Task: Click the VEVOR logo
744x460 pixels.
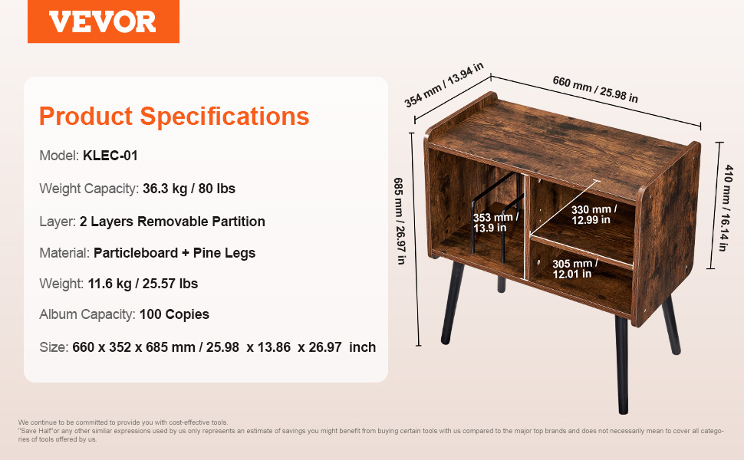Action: click(x=103, y=21)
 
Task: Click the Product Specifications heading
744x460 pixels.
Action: click(x=174, y=117)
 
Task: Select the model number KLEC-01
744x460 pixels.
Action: click(x=110, y=156)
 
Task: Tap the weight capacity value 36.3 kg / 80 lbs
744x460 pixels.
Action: click(x=189, y=189)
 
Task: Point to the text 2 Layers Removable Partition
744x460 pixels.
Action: click(x=173, y=222)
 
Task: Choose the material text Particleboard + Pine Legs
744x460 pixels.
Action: click(x=175, y=253)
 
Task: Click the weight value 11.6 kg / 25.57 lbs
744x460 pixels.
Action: click(x=143, y=284)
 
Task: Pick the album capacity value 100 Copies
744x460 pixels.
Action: click(x=174, y=314)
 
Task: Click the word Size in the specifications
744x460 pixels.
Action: click(x=54, y=347)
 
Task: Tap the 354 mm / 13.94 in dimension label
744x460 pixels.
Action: click(x=444, y=85)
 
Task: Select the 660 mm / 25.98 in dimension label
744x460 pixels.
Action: click(x=595, y=89)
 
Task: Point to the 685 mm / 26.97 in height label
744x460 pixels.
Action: click(x=400, y=221)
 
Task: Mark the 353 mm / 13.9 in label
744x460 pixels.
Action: click(x=495, y=222)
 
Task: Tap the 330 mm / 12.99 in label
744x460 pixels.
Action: click(x=594, y=215)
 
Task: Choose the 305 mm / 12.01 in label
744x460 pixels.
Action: click(x=574, y=268)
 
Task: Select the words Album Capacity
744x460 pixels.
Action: click(x=87, y=314)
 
